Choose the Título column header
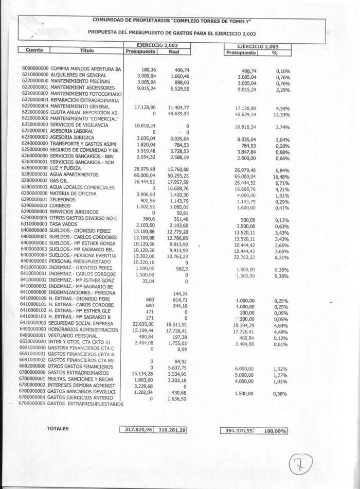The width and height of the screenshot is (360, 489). coord(87,50)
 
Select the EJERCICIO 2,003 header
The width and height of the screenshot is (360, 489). coord(257,46)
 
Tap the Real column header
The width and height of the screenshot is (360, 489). coord(173,51)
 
